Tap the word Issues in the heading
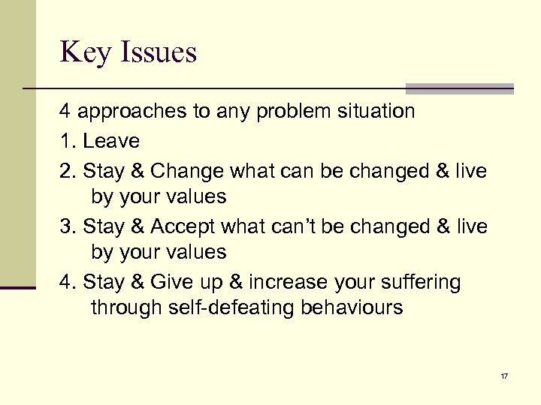159,53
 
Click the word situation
370,112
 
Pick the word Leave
111,141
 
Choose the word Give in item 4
172,282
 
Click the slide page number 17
503,375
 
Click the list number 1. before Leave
68,141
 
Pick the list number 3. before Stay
68,226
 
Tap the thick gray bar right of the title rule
459,88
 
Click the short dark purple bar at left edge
18,287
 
